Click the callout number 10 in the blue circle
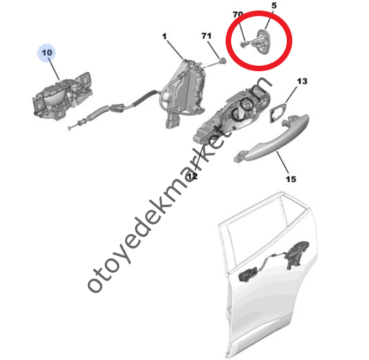(x=47, y=52)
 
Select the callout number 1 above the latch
(x=164, y=36)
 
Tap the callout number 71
(x=206, y=36)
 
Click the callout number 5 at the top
(x=274, y=6)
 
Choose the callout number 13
(x=302, y=82)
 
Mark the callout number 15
(x=291, y=178)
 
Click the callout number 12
(x=191, y=176)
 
